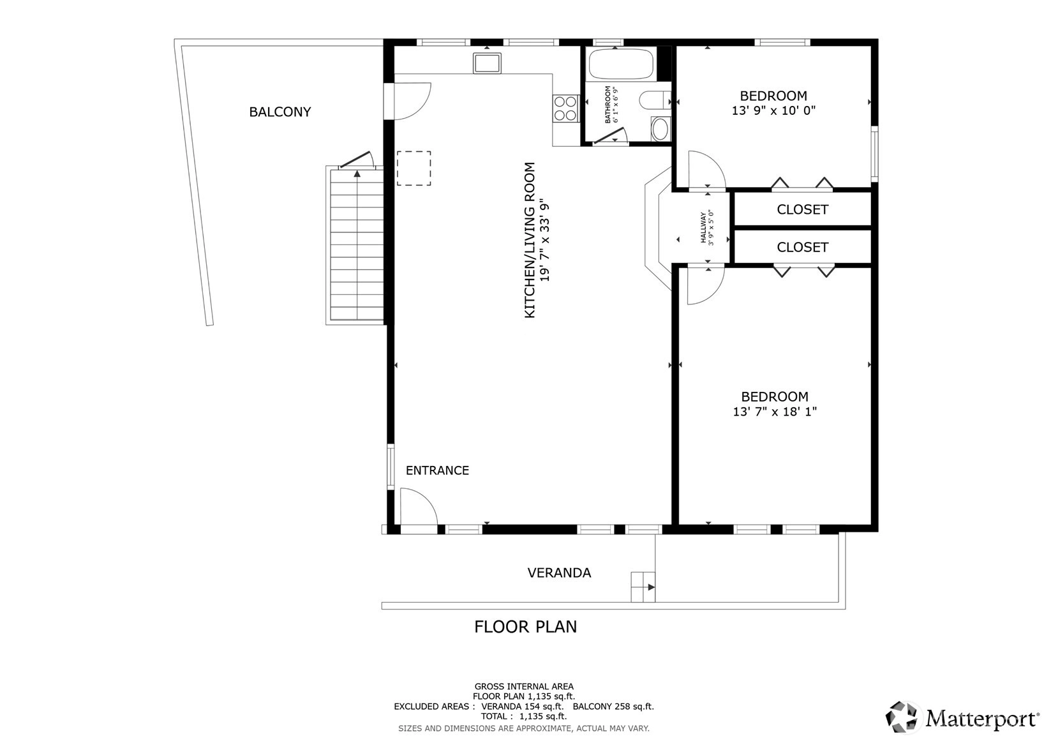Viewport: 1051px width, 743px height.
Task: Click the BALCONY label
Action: [x=280, y=112]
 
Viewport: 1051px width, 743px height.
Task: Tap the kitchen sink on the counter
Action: [x=487, y=63]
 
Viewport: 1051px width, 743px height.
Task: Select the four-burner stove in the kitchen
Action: [x=565, y=109]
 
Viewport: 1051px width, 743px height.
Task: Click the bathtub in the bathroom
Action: [x=621, y=64]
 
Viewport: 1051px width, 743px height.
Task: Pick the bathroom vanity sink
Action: [x=660, y=129]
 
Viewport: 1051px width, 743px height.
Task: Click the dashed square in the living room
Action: [x=414, y=168]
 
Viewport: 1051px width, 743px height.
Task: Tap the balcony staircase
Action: [x=357, y=244]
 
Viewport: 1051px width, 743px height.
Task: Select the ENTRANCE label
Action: [x=437, y=470]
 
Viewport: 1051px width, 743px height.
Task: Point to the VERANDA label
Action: [x=559, y=573]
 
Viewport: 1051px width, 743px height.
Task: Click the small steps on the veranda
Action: [x=643, y=587]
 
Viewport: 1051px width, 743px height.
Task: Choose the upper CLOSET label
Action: [x=802, y=209]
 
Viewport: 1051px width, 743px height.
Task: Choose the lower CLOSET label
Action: [x=802, y=248]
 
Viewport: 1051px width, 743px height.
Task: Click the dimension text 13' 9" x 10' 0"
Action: [x=773, y=111]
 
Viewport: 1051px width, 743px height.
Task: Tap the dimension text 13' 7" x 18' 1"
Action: [x=775, y=412]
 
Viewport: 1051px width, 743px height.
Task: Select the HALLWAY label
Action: [x=703, y=227]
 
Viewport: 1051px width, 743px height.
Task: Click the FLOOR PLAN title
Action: [x=526, y=627]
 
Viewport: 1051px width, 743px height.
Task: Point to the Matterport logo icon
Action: [x=901, y=717]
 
